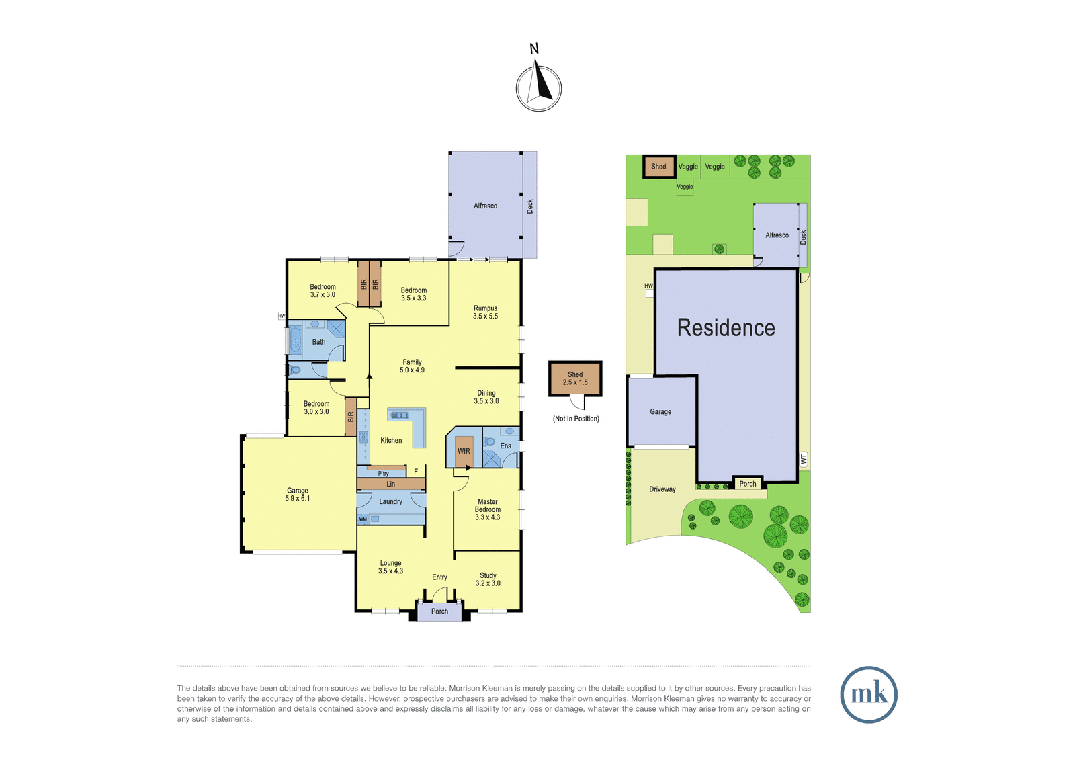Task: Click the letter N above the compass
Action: [533, 48]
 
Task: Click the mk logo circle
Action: [869, 694]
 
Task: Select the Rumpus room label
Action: [485, 312]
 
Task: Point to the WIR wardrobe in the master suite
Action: [464, 452]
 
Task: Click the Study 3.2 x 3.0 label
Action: [488, 579]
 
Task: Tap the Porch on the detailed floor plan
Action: [439, 611]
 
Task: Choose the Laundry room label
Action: [390, 502]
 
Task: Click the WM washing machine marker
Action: [363, 519]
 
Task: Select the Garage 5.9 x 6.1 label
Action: [298, 495]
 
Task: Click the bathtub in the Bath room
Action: [295, 341]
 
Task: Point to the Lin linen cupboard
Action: [391, 484]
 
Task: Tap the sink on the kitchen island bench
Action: [399, 415]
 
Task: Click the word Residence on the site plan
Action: [726, 328]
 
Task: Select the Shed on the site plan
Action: [659, 167]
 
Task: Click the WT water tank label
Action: [804, 460]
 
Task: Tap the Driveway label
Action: [662, 489]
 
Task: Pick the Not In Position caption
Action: [576, 419]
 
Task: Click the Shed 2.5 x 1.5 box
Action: [575, 378]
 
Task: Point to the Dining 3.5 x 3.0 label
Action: [486, 397]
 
